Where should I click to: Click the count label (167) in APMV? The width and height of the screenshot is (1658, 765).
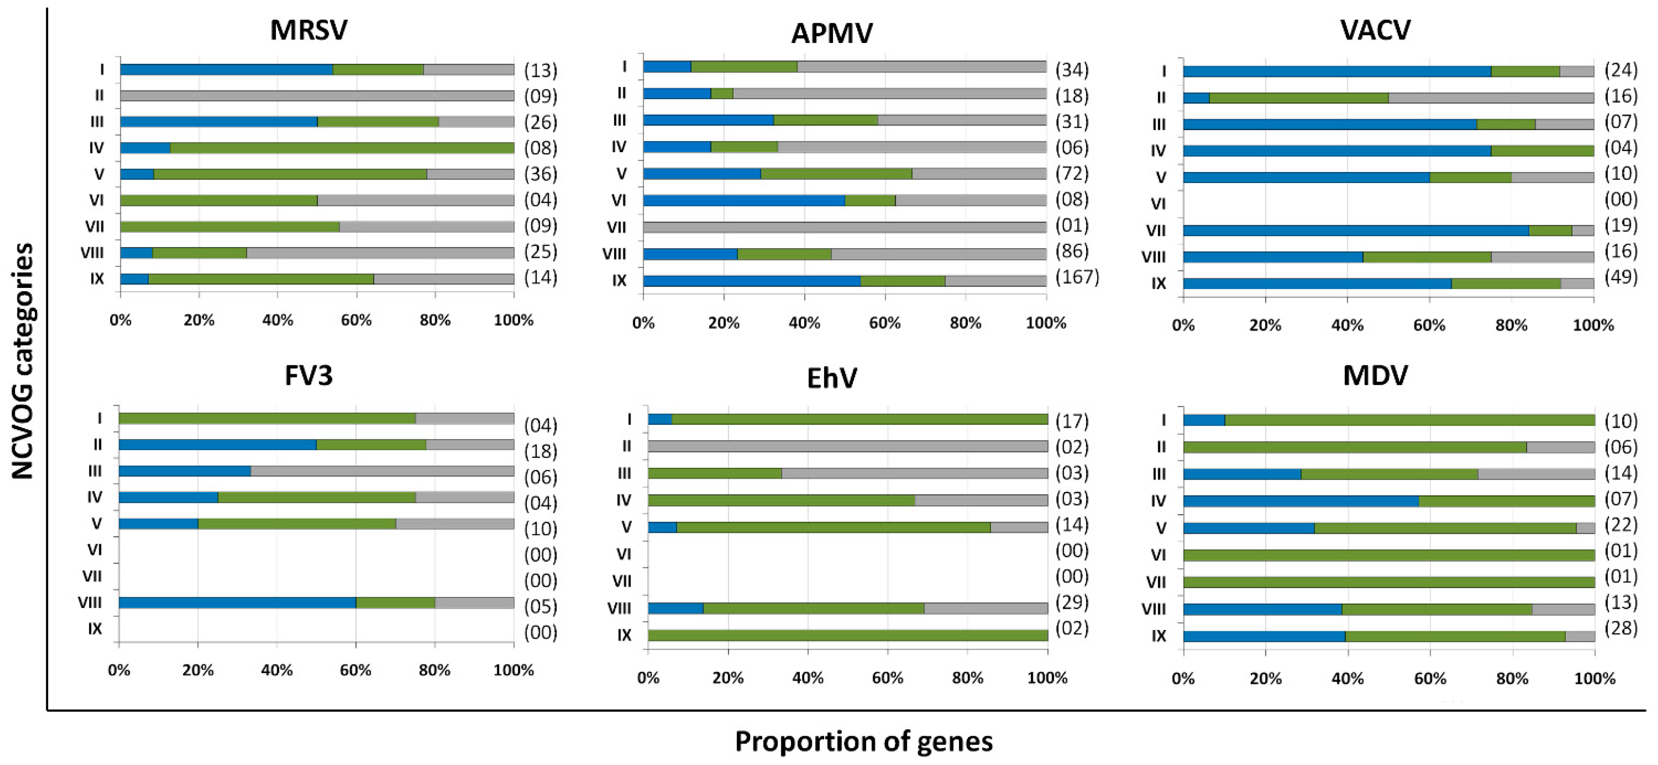click(x=1077, y=277)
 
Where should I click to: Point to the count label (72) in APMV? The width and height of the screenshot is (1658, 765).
click(x=1071, y=173)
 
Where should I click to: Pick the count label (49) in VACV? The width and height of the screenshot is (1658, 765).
click(x=1621, y=277)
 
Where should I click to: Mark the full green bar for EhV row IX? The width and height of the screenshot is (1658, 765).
click(x=848, y=635)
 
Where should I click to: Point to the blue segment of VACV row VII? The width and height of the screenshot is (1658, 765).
click(x=1356, y=230)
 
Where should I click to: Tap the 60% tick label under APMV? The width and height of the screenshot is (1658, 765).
click(x=884, y=323)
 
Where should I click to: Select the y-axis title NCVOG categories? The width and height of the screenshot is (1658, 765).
click(x=23, y=360)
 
